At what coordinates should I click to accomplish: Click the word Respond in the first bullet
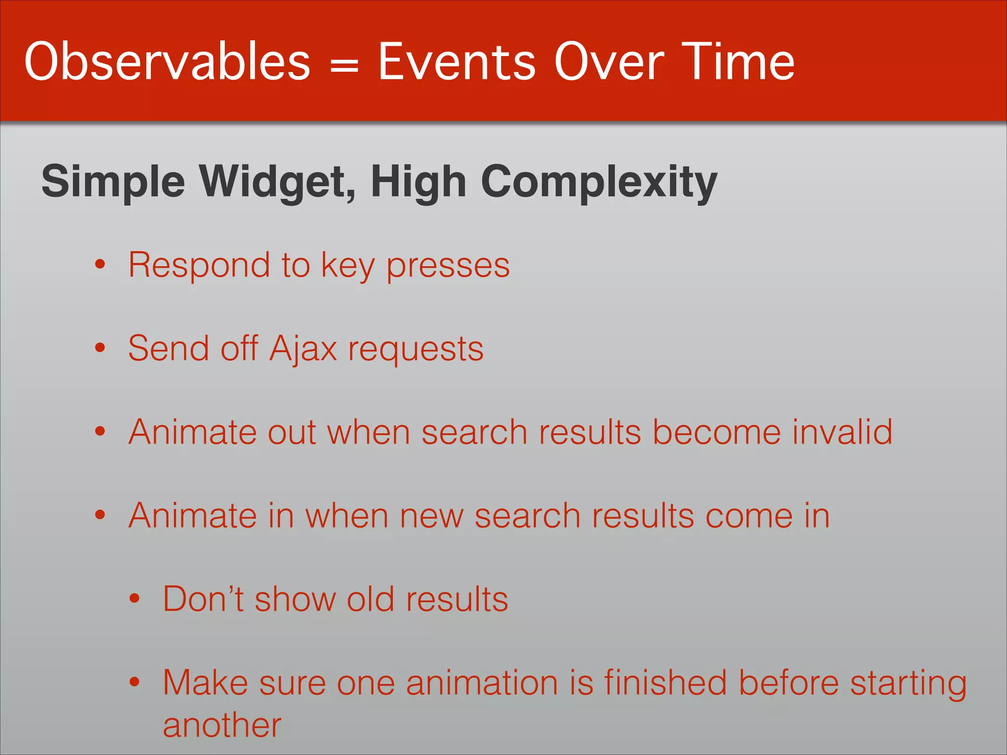[x=199, y=265]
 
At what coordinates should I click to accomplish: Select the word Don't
[x=203, y=599]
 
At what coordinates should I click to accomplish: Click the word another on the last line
[x=222, y=726]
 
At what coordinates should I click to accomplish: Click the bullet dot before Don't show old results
[x=135, y=599]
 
